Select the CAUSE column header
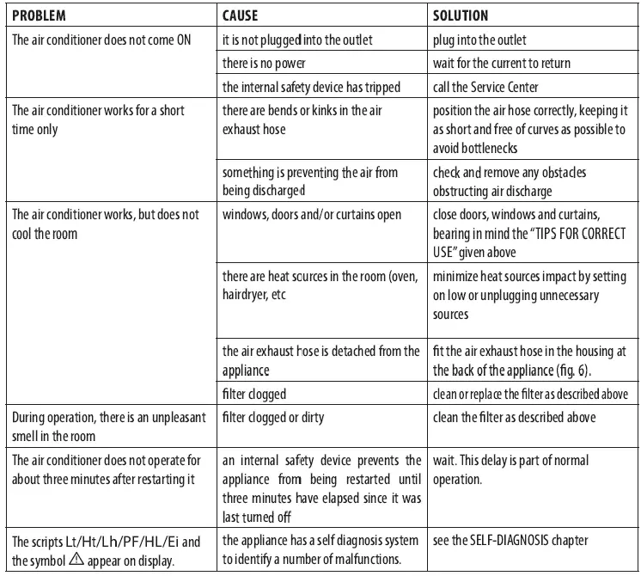click(243, 15)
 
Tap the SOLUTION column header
click(461, 15)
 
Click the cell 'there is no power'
click(264, 64)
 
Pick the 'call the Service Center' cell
click(484, 87)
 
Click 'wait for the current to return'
click(503, 64)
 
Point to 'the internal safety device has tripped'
click(311, 87)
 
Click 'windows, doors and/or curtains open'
click(312, 214)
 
